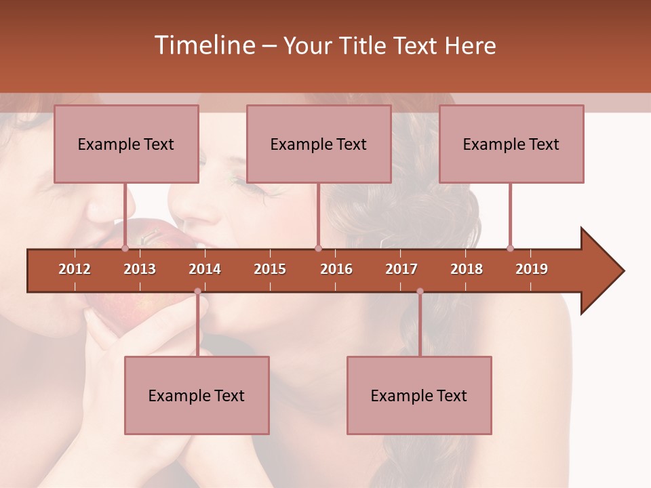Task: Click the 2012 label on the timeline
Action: [x=75, y=269]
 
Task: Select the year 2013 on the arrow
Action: [x=140, y=269]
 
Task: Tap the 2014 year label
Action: [x=205, y=269]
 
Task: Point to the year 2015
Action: [x=270, y=269]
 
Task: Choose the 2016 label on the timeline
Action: [x=336, y=269]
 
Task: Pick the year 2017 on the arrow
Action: [x=401, y=269]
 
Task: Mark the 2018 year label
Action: [x=467, y=269]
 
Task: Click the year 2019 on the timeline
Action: [x=532, y=269]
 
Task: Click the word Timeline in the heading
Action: [x=203, y=45]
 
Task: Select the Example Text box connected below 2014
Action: [x=197, y=396]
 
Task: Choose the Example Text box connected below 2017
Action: [x=419, y=396]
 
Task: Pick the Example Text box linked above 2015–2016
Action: [x=319, y=144]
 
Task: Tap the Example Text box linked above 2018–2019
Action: [x=511, y=144]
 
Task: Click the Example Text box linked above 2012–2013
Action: [x=126, y=144]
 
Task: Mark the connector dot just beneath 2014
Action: [x=197, y=291]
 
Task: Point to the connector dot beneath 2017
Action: [x=420, y=291]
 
